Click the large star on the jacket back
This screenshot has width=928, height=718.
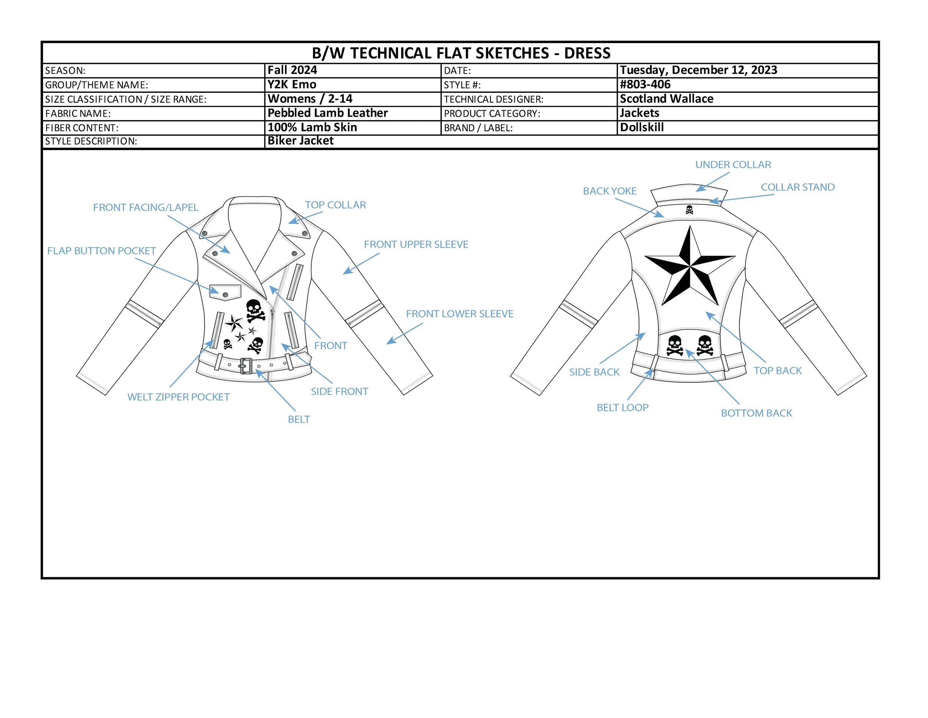tap(689, 267)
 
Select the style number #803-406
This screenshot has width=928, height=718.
tap(645, 85)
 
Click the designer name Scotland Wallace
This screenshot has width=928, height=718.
tap(666, 99)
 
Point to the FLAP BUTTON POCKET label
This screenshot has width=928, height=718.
tap(102, 251)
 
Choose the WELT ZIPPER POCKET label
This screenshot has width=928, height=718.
tap(179, 397)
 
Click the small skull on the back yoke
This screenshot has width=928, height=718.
tap(689, 210)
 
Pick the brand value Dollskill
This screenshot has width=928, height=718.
tap(641, 127)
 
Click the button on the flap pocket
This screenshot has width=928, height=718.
tap(225, 295)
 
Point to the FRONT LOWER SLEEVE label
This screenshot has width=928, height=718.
tap(459, 314)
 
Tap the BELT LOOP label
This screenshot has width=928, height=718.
tap(623, 407)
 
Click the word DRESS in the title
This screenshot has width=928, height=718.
tap(587, 53)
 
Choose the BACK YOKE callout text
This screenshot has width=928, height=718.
tap(609, 191)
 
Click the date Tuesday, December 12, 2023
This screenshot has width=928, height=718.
tap(699, 70)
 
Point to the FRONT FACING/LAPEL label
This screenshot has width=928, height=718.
tap(146, 208)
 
